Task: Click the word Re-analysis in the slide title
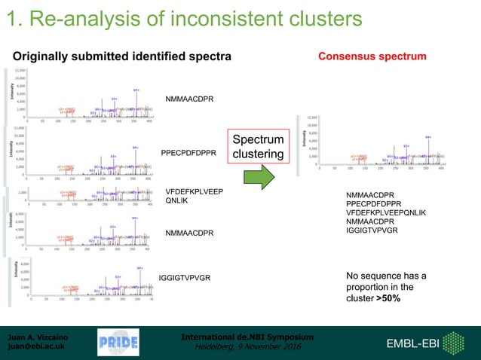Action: click(85, 17)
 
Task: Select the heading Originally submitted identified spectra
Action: click(122, 57)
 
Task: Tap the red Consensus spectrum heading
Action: click(372, 56)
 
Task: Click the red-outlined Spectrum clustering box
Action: click(258, 147)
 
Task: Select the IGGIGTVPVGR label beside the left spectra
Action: click(185, 278)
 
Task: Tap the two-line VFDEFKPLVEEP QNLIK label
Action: click(194, 196)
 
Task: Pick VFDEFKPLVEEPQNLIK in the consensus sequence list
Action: click(385, 212)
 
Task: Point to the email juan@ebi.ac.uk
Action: click(35, 347)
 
